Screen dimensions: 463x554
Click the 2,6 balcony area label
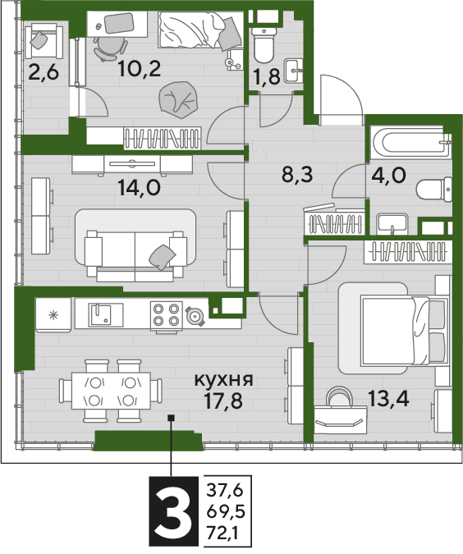click(44, 73)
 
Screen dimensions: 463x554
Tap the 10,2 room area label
click(140, 69)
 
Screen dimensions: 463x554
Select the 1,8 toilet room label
click(267, 76)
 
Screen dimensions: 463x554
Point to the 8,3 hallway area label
click(297, 175)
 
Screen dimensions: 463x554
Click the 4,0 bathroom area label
click(389, 176)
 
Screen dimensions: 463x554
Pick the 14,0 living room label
click(140, 187)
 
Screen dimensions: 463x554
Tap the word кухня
click(224, 380)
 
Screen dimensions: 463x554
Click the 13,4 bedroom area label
click(388, 399)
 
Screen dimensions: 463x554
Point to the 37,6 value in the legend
click(225, 490)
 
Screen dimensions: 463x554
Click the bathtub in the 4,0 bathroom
click(410, 143)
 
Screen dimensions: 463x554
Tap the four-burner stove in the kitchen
click(166, 315)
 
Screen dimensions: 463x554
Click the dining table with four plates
click(111, 391)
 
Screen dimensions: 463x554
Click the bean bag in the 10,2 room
click(177, 100)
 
